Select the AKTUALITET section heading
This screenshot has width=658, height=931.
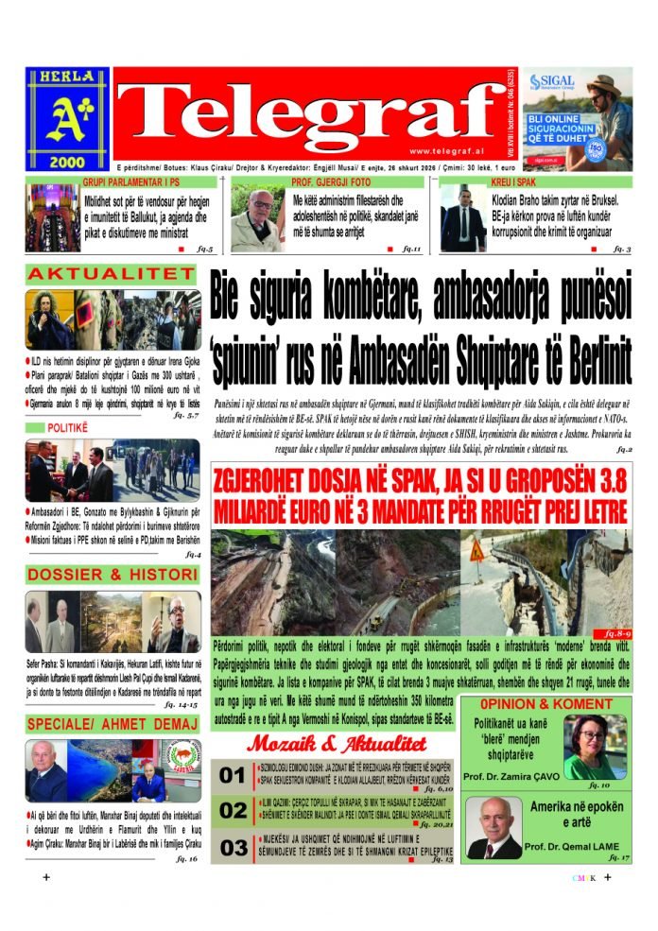tap(111, 274)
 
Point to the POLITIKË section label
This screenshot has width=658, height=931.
tap(59, 429)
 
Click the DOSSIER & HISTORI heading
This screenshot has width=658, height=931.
tap(111, 575)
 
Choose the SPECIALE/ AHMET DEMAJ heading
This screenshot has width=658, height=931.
tap(111, 724)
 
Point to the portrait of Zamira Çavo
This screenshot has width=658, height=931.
tap(594, 746)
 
